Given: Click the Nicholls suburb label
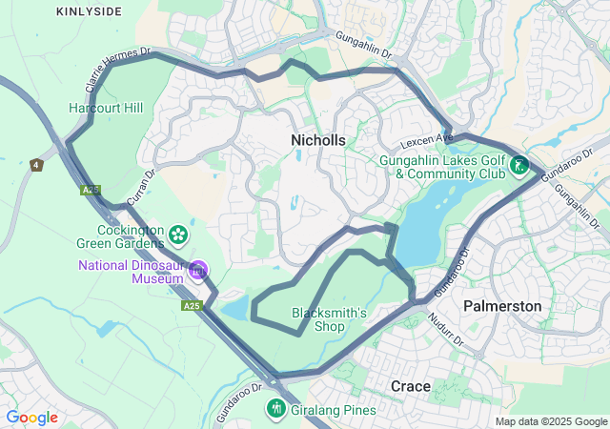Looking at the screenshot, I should coord(317,140).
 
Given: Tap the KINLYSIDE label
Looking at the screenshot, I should coord(89,11).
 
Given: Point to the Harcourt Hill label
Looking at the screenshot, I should coord(106,108).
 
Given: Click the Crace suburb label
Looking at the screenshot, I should coord(411,385).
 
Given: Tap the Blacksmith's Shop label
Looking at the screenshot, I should coord(329,319).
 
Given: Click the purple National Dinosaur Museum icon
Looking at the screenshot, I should coord(198,271).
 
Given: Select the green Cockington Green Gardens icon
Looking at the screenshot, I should coord(177,234).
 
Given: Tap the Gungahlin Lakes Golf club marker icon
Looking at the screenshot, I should coord(518,166).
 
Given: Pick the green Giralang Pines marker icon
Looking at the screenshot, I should coord(276,409).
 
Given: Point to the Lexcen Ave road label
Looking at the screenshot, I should coord(426,139).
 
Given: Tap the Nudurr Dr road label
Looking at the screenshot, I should coord(444,329).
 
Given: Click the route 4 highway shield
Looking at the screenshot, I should coord(36,165).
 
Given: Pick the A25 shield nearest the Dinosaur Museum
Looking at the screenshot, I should coord(192,306).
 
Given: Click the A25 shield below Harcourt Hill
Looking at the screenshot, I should coord(90,191).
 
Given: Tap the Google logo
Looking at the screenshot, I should coord(32,418).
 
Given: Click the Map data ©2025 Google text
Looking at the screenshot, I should coord(551,421).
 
